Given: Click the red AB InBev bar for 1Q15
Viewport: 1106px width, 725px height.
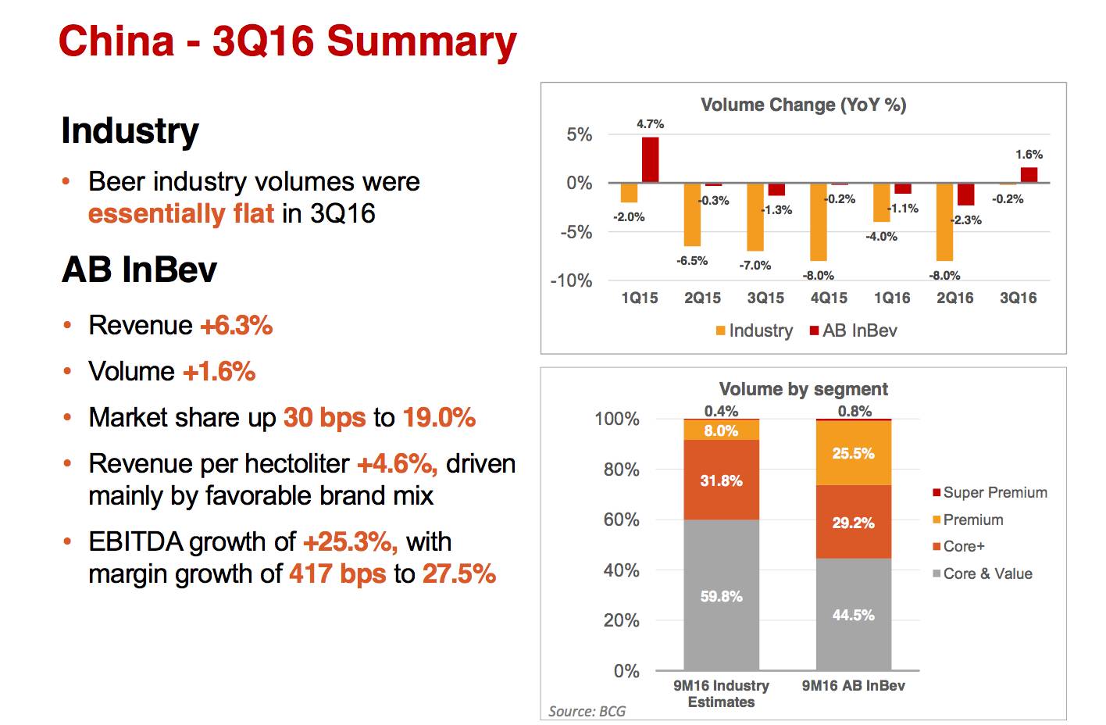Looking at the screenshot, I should (650, 160).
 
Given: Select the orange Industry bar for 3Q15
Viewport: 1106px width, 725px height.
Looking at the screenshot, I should (755, 216).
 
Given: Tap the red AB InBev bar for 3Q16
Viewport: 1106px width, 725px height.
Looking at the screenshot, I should (1029, 175).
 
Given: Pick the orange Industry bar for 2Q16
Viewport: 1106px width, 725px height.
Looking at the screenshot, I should (944, 222).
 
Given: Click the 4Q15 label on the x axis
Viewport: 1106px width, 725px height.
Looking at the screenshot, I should (829, 298).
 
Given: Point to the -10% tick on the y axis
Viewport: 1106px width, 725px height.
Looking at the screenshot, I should (572, 280).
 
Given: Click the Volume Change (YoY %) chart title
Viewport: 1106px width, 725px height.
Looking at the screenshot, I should (803, 105).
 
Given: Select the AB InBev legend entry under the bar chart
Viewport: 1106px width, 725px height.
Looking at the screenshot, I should (853, 330).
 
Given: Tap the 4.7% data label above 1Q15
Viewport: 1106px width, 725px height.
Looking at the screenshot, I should (650, 124).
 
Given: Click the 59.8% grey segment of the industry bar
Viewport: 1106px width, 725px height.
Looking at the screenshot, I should (721, 595).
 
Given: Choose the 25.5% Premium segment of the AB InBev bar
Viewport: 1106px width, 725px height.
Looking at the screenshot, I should (853, 453).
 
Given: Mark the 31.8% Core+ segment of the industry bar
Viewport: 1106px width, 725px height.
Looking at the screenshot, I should (721, 480).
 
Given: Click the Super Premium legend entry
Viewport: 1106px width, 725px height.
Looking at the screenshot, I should (989, 492).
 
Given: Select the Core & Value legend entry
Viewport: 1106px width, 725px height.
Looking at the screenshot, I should (982, 573).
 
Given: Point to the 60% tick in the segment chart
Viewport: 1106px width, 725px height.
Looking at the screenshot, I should (621, 520).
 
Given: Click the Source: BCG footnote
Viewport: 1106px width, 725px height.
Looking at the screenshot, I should (587, 711).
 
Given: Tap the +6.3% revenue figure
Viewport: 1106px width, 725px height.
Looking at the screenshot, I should (237, 326).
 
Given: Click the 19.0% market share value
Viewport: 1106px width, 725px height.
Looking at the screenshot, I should (439, 418).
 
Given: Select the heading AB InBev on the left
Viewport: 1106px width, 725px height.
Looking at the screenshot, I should (139, 270).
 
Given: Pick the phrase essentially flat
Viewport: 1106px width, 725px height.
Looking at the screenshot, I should (181, 213).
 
